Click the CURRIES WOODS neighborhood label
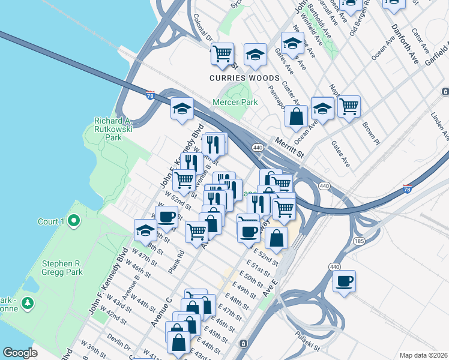click(244, 79)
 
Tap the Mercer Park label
click(235, 102)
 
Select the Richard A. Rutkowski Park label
click(109, 128)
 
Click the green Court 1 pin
click(74, 221)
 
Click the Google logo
click(20, 353)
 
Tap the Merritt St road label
click(291, 148)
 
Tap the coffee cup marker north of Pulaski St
click(344, 281)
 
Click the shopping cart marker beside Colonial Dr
click(223, 53)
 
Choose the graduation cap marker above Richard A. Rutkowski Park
click(182, 109)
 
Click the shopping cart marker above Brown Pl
click(349, 106)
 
